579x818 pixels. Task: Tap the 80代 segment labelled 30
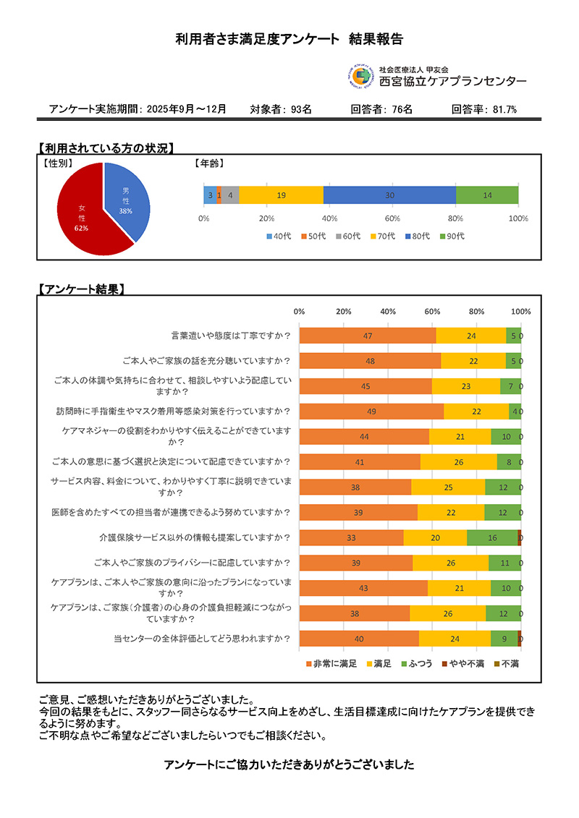point(389,195)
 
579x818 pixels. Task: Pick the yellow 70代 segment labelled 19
point(281,195)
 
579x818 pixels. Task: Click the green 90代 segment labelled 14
point(487,195)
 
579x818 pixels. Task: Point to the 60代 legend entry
point(347,236)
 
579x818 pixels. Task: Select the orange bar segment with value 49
point(371,412)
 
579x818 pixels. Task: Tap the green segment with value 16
point(492,537)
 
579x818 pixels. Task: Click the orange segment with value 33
point(351,537)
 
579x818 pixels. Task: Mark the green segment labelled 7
point(510,386)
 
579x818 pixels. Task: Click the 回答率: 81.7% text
point(483,110)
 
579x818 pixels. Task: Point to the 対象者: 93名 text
point(281,110)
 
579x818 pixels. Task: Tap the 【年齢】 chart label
point(211,164)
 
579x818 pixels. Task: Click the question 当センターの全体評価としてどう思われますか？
point(202,639)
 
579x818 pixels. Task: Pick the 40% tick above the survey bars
point(388,312)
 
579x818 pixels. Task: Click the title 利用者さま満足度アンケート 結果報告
point(289,38)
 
